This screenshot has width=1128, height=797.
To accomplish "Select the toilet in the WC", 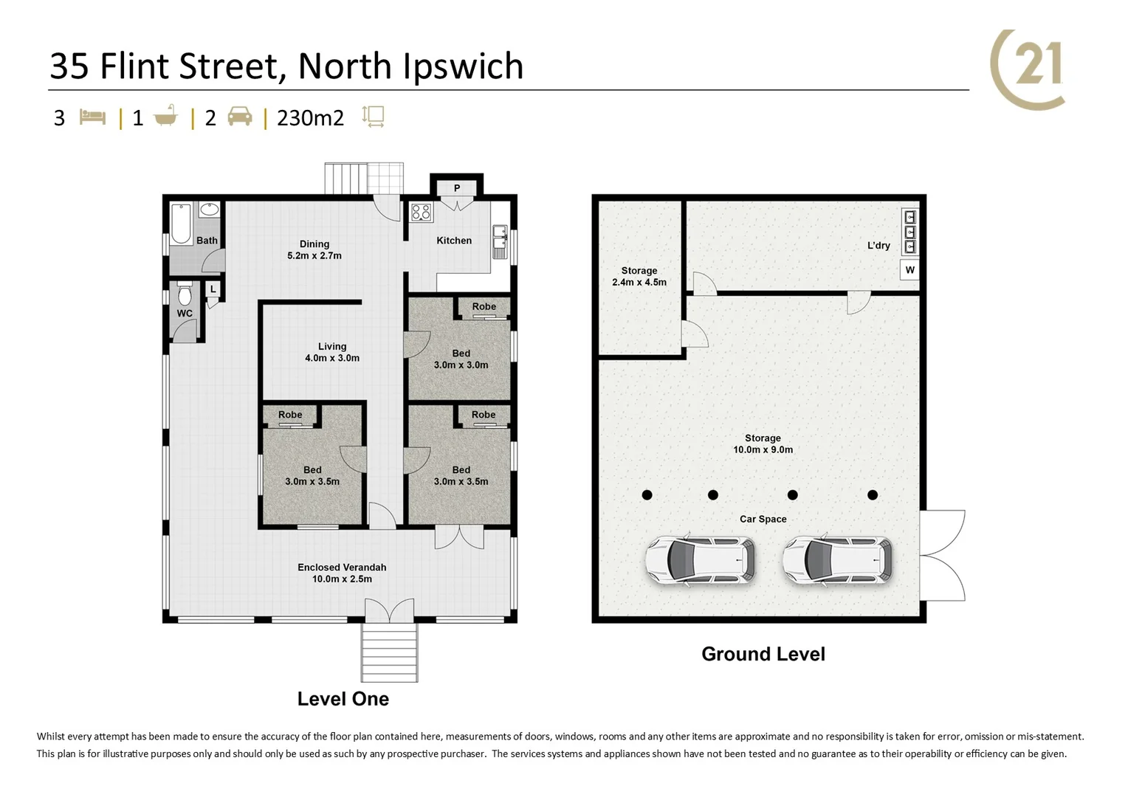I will pyautogui.click(x=185, y=295).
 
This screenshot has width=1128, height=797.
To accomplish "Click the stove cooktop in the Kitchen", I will pyautogui.click(x=421, y=213).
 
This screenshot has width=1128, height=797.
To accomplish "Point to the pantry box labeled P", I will pyautogui.click(x=457, y=188).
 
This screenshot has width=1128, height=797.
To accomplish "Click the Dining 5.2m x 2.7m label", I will pyautogui.click(x=314, y=250).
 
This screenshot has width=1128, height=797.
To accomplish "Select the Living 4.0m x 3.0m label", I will pyautogui.click(x=332, y=352).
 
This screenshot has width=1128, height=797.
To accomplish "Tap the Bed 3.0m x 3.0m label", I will pyautogui.click(x=461, y=359).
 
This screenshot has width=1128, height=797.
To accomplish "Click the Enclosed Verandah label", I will pyautogui.click(x=342, y=573).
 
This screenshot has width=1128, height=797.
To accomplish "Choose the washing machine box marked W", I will pyautogui.click(x=909, y=270).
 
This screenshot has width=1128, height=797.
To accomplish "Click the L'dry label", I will pyautogui.click(x=878, y=246).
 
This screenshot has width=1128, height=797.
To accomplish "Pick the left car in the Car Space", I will pyautogui.click(x=701, y=560).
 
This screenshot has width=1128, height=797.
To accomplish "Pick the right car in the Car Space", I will pyautogui.click(x=837, y=560).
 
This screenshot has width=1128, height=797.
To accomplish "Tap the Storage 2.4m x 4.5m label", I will pyautogui.click(x=639, y=277).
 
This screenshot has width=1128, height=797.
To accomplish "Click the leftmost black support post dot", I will pyautogui.click(x=647, y=495).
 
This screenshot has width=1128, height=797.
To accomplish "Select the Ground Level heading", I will pyautogui.click(x=763, y=655).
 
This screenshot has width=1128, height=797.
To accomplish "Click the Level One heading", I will pyautogui.click(x=343, y=700).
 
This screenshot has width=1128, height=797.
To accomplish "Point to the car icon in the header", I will pyautogui.click(x=240, y=117).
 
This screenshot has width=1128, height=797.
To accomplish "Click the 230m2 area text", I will pyautogui.click(x=310, y=118).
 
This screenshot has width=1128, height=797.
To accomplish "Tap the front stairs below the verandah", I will pyautogui.click(x=389, y=653).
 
